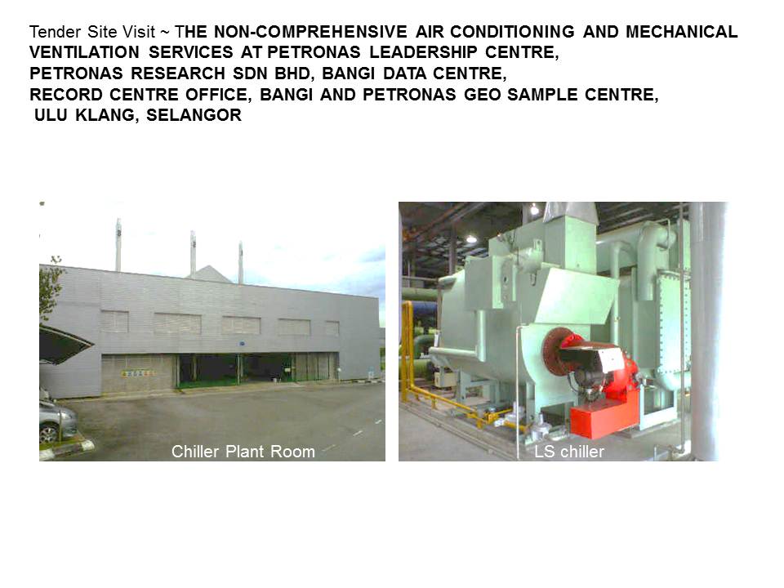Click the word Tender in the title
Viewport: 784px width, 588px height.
[48, 33]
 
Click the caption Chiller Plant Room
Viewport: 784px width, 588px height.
[243, 452]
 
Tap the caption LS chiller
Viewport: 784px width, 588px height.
[568, 452]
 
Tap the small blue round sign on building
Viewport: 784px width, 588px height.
[243, 344]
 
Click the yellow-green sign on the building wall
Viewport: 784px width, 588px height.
[138, 373]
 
